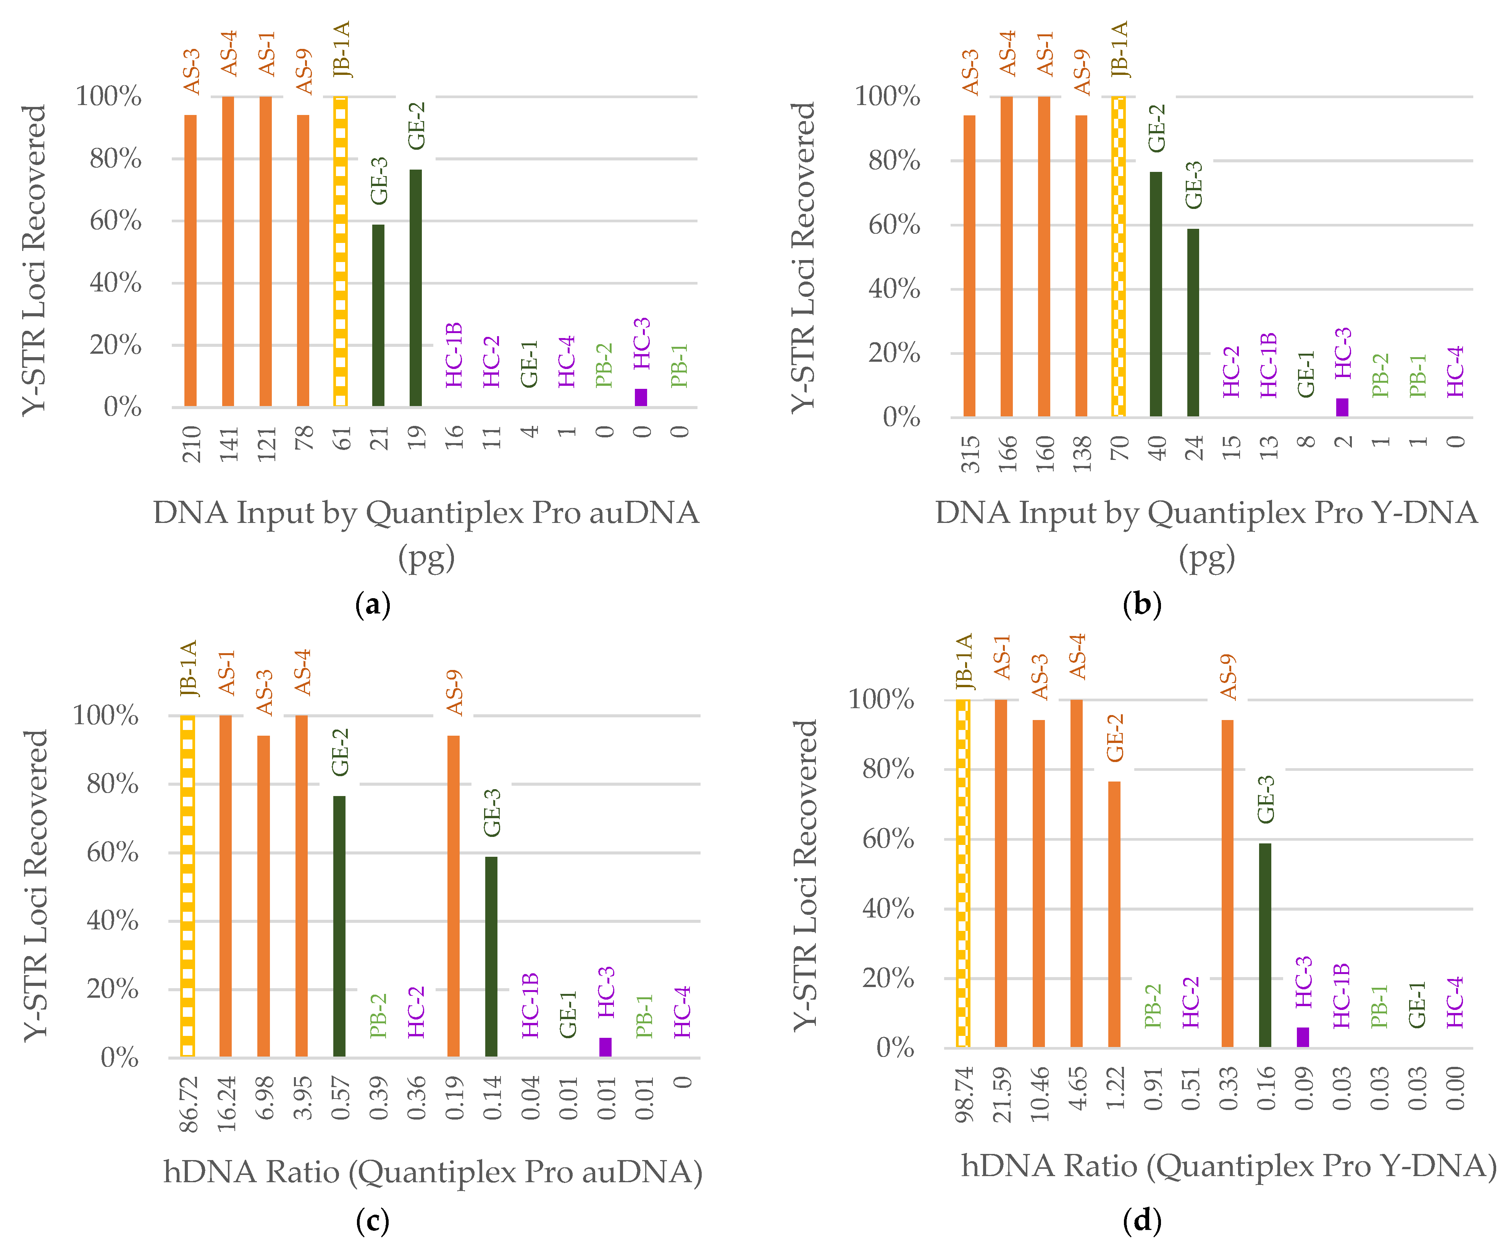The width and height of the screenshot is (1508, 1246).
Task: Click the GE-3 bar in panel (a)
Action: click(x=378, y=316)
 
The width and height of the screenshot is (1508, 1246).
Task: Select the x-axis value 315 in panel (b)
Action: click(x=970, y=454)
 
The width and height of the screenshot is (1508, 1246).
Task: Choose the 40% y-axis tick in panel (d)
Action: click(x=888, y=909)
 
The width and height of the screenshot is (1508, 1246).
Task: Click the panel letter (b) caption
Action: click(x=1141, y=604)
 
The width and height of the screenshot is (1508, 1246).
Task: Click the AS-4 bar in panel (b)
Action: click(x=1006, y=256)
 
